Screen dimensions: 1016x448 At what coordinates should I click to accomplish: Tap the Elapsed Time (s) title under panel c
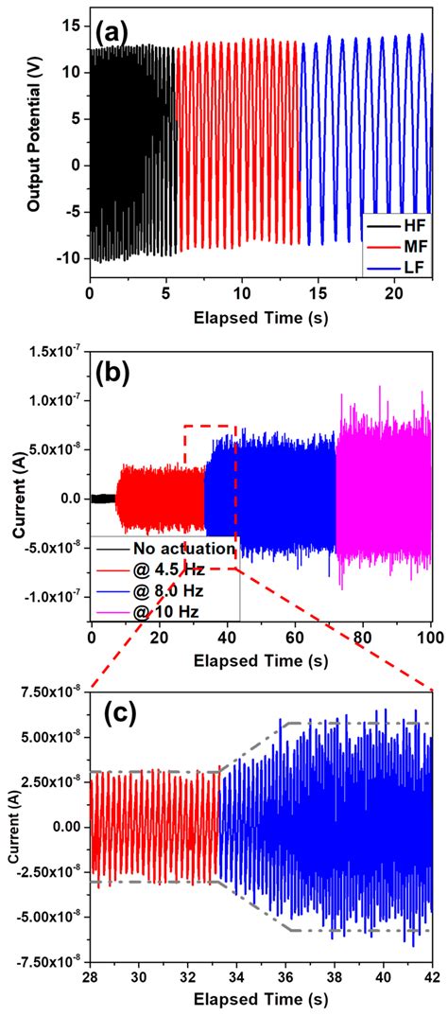pyautogui.click(x=260, y=1001)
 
